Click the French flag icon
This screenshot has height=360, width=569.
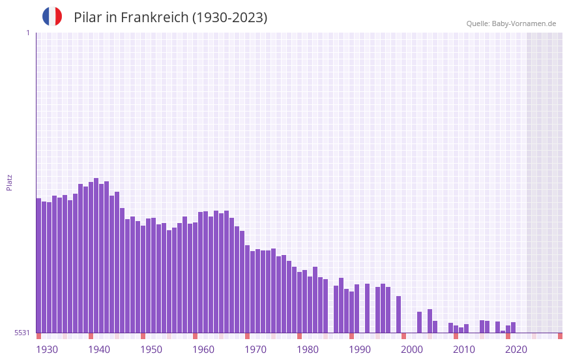click(x=52, y=17)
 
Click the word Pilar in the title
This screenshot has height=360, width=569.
click(x=87, y=18)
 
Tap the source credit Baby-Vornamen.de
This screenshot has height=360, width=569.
click(x=511, y=23)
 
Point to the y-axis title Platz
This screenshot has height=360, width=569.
click(x=9, y=182)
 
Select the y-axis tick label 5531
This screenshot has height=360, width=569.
click(x=22, y=333)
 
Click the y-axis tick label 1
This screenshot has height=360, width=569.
click(x=27, y=33)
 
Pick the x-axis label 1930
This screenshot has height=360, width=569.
click(x=47, y=350)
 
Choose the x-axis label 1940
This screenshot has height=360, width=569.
click(x=99, y=350)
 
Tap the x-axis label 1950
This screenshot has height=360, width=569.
click(x=151, y=350)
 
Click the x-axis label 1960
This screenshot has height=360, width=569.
click(x=203, y=350)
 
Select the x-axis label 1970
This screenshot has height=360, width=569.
click(x=255, y=350)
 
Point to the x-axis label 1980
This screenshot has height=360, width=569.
click(x=308, y=350)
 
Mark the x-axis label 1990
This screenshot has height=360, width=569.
click(x=360, y=350)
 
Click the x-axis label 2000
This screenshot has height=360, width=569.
click(x=412, y=350)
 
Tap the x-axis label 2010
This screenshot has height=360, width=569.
click(x=464, y=350)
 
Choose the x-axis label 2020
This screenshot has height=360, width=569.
click(x=516, y=350)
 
